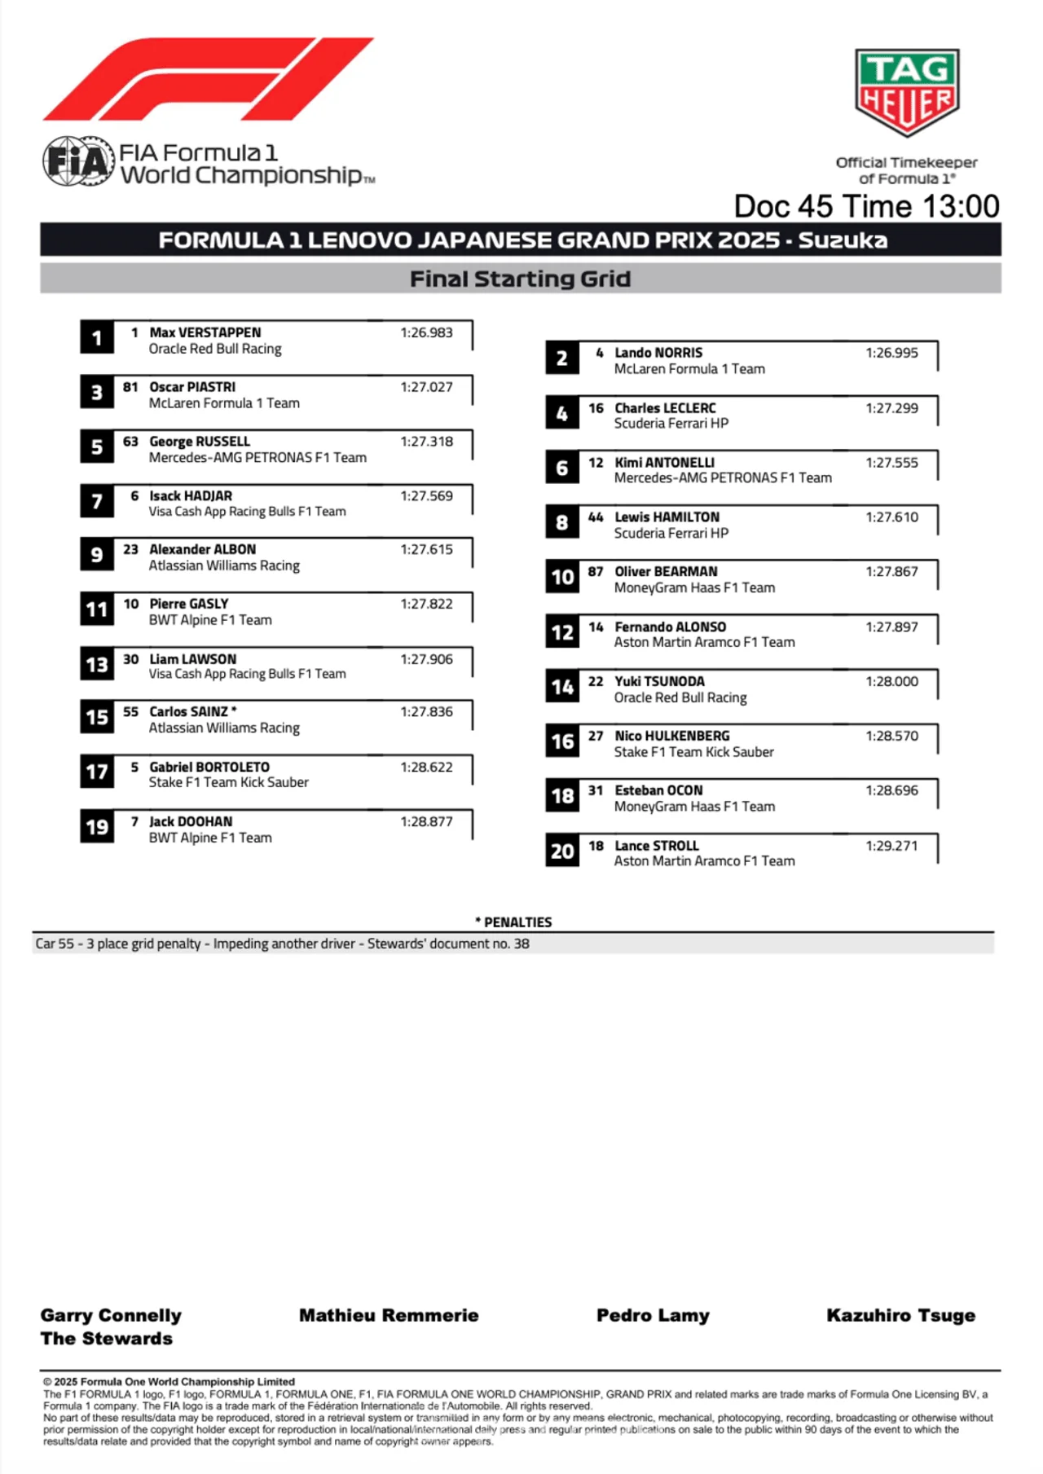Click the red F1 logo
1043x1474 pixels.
[x=208, y=79]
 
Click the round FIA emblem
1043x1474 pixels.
[x=78, y=161]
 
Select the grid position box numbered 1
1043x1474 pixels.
[x=97, y=338]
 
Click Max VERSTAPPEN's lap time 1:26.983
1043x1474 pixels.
[x=426, y=332]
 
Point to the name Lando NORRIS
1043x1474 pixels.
[x=658, y=353]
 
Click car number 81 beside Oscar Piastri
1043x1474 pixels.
[x=130, y=387]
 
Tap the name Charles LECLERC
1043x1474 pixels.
[x=665, y=408]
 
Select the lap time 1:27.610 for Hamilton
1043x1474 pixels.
[x=891, y=517]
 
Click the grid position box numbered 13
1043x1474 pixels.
[x=97, y=665]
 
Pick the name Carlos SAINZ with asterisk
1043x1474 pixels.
[x=193, y=712]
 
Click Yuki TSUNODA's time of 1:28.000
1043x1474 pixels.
[x=891, y=681]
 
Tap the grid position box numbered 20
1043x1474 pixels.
[x=562, y=851]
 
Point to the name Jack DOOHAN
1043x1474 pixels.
[x=191, y=821]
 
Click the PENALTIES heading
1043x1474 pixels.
[x=513, y=922]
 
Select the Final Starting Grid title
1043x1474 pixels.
[x=520, y=279]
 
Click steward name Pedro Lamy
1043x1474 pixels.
[x=653, y=1315]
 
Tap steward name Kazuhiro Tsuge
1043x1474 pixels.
[x=900, y=1315]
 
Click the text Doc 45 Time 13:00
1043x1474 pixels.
[x=866, y=207]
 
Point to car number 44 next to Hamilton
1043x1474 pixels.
[x=596, y=517]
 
